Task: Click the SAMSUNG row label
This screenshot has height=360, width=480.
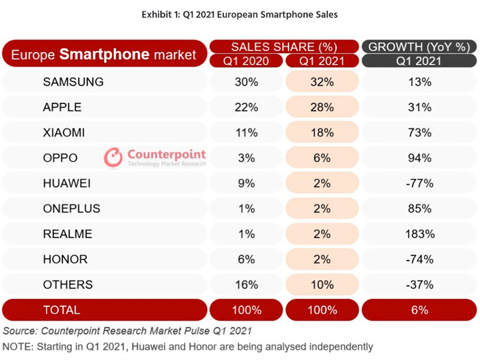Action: pyautogui.click(x=73, y=82)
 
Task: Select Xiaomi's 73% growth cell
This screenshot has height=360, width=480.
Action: pyautogui.click(x=419, y=133)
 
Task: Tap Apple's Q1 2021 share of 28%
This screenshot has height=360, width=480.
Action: pyautogui.click(x=322, y=107)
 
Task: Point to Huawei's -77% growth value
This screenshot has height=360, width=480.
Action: pyautogui.click(x=419, y=184)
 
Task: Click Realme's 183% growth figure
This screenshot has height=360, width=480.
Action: pyautogui.click(x=419, y=234)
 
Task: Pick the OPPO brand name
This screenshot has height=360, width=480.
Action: pyautogui.click(x=60, y=158)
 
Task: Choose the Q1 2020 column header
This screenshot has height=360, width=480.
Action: pyautogui.click(x=247, y=61)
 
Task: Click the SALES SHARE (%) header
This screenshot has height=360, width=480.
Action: pyautogui.click(x=284, y=47)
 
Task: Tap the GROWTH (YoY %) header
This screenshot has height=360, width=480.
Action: pyautogui.click(x=419, y=47)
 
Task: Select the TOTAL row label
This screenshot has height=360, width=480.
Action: pyautogui.click(x=61, y=310)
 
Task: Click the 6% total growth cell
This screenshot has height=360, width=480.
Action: pyautogui.click(x=419, y=310)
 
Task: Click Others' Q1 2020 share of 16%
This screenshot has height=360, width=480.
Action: pyautogui.click(x=247, y=284)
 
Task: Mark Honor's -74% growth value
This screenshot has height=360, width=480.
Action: pyautogui.click(x=419, y=259)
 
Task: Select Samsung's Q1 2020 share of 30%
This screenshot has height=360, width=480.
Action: pyautogui.click(x=247, y=82)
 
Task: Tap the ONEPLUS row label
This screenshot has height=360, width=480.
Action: pyautogui.click(x=71, y=209)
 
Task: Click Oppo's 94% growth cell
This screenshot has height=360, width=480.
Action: pyautogui.click(x=419, y=158)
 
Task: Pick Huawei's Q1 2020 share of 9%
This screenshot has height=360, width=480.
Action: pyautogui.click(x=247, y=184)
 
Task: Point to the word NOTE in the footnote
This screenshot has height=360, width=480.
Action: pyautogui.click(x=19, y=346)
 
